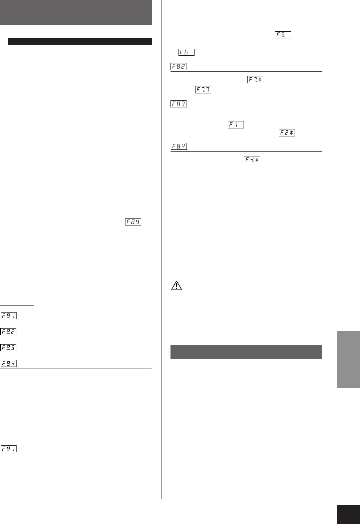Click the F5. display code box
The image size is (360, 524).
click(x=283, y=35)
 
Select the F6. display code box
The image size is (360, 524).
click(x=187, y=52)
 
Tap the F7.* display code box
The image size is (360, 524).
click(x=255, y=80)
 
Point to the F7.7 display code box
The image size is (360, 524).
click(x=203, y=90)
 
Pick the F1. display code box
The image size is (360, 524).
click(x=236, y=125)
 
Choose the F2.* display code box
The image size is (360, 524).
click(x=287, y=133)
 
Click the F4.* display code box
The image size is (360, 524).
click(x=252, y=160)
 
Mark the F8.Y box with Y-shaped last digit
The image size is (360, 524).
click(x=133, y=222)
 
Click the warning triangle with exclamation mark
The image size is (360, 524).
click(x=176, y=286)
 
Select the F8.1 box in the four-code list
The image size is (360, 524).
click(x=9, y=316)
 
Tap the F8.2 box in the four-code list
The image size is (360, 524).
click(x=9, y=332)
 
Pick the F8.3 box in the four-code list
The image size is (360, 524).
click(x=9, y=348)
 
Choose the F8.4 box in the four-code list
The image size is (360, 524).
click(x=9, y=363)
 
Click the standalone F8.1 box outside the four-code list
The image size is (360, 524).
click(x=9, y=449)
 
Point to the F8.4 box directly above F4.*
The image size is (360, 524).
click(x=178, y=146)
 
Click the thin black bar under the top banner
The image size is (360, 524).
click(x=80, y=41)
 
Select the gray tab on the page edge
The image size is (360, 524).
click(x=348, y=359)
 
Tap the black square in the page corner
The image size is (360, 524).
click(x=348, y=512)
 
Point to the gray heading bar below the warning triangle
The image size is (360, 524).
click(x=246, y=352)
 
